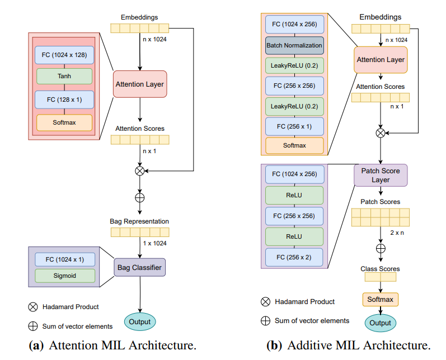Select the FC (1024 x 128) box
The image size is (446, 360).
pyautogui.click(x=64, y=55)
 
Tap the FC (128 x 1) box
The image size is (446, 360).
pyautogui.click(x=64, y=100)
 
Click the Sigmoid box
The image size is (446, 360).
pyautogui.click(x=64, y=276)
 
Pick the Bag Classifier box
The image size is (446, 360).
pyautogui.click(x=140, y=268)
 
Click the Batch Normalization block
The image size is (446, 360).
pyautogui.click(x=294, y=45)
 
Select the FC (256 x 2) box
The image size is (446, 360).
pyautogui.click(x=294, y=258)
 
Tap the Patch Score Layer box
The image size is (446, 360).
pyautogui.click(x=381, y=175)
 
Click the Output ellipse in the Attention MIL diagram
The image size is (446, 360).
pyautogui.click(x=140, y=321)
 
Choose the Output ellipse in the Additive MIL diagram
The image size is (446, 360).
pyautogui.click(x=381, y=323)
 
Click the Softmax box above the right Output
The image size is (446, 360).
pyautogui.click(x=381, y=300)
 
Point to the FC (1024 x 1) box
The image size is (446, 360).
pyautogui.click(x=64, y=259)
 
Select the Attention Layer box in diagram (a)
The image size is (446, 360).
pyautogui.click(x=140, y=84)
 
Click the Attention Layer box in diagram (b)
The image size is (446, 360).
pyautogui.click(x=381, y=59)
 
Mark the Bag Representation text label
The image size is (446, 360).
pyautogui.click(x=139, y=221)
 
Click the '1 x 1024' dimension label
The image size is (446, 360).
pyautogui.click(x=154, y=243)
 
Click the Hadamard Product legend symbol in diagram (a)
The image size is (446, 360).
pyautogui.click(x=32, y=306)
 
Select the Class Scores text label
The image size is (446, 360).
pyautogui.click(x=380, y=269)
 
